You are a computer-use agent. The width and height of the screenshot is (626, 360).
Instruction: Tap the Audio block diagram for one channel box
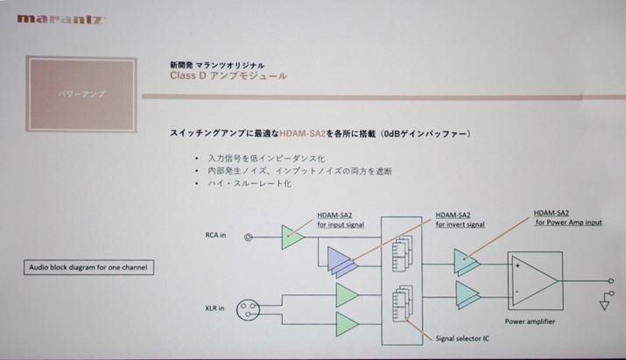(88, 267)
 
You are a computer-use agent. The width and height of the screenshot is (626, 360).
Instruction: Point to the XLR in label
(213, 307)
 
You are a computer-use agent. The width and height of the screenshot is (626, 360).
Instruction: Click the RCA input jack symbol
(250, 237)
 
